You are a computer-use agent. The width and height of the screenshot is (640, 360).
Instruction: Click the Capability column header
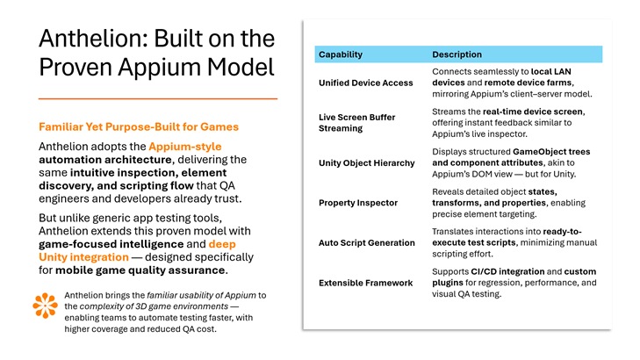(341, 54)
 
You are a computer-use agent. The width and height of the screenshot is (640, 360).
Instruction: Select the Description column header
(457, 54)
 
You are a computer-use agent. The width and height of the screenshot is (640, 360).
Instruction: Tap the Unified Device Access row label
(364, 83)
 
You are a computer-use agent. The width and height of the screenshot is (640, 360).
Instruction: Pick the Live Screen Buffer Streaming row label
(356, 122)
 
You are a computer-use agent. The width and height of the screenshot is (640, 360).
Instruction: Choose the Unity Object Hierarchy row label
(366, 163)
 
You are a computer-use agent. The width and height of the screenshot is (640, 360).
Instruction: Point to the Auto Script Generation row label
(366, 242)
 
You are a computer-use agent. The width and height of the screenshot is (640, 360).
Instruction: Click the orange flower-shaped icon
(44, 305)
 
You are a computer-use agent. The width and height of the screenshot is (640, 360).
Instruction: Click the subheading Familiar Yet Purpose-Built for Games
(139, 126)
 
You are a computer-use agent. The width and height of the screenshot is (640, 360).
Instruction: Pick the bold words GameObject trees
(551, 150)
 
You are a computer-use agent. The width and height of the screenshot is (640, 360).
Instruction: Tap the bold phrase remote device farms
(542, 83)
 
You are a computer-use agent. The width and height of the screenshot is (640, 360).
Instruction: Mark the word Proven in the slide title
(80, 67)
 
